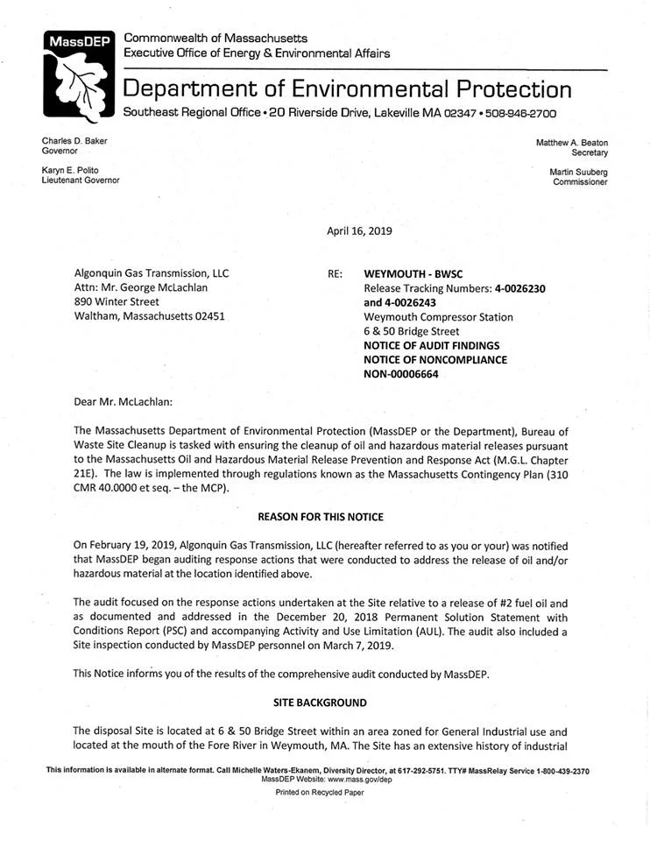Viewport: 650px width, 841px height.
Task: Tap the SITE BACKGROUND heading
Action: (x=325, y=703)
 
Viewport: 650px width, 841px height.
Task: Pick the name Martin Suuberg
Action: (x=577, y=172)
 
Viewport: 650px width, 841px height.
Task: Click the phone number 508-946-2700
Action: (x=522, y=113)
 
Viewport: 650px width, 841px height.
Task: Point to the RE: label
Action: (x=335, y=273)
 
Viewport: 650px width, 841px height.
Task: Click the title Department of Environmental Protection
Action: (x=348, y=88)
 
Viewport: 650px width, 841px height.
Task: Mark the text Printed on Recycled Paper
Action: (x=320, y=792)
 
